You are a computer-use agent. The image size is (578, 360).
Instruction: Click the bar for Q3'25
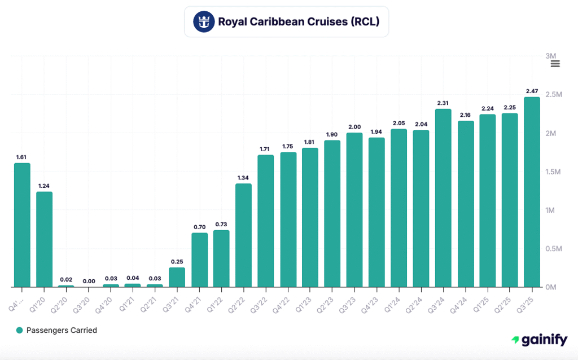click(x=532, y=192)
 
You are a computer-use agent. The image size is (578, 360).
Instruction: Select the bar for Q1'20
click(x=45, y=239)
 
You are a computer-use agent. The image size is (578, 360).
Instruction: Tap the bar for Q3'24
click(x=443, y=197)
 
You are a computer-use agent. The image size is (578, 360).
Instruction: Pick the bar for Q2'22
click(x=244, y=235)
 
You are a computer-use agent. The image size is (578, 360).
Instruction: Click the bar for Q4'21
click(x=199, y=260)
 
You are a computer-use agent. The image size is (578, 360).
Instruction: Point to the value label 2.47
click(x=532, y=91)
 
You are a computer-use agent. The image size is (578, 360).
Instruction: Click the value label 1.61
click(x=22, y=157)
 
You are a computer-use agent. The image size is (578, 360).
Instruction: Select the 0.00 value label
click(x=89, y=281)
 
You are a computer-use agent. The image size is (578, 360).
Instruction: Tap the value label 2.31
click(x=443, y=103)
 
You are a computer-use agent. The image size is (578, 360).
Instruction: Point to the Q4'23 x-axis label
click(x=372, y=297)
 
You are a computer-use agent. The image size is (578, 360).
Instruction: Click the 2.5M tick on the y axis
click(x=554, y=94)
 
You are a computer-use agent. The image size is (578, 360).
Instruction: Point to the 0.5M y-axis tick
click(x=554, y=248)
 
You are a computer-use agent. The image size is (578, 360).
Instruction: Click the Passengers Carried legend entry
click(x=56, y=330)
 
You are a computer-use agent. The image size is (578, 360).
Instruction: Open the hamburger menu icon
click(x=555, y=64)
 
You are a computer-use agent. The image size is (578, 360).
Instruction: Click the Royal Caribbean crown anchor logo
click(x=203, y=22)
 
